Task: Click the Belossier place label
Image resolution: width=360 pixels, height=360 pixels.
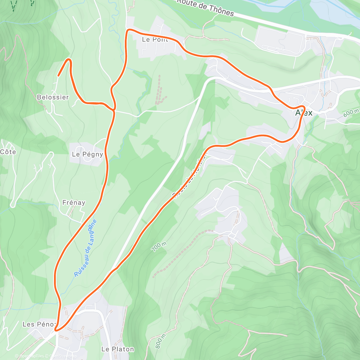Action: [53, 97]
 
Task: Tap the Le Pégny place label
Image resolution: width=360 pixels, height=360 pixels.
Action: [87, 154]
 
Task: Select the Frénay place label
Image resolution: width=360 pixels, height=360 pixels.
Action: [74, 202]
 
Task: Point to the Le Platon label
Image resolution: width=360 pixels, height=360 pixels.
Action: [118, 349]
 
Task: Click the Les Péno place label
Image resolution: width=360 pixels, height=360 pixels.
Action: [39, 324]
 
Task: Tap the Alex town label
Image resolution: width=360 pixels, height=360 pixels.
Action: [304, 113]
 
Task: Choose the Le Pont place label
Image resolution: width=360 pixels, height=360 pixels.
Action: [155, 39]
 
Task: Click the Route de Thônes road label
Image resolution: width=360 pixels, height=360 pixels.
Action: [205, 7]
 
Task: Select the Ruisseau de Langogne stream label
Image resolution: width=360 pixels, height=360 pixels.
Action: [86, 248]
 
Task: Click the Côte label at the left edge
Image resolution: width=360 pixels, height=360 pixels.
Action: [8, 152]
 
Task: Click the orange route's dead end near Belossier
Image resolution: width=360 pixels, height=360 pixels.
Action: [58, 76]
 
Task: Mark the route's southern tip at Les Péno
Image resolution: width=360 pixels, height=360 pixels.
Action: [56, 330]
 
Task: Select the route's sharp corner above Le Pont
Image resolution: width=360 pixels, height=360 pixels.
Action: [128, 30]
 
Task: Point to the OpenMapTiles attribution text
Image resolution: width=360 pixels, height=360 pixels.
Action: [31, 356]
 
